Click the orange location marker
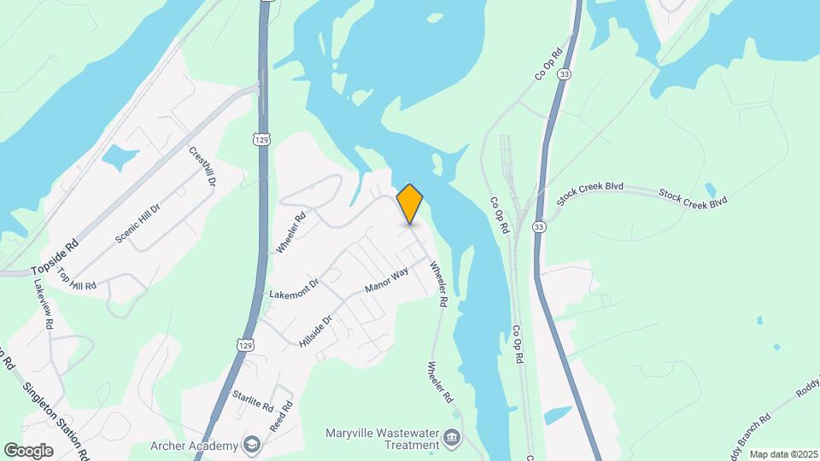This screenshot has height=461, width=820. pyautogui.click(x=410, y=203)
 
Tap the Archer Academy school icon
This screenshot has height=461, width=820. pyautogui.click(x=252, y=444)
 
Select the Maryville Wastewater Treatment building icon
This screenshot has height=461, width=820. pyautogui.click(x=452, y=441)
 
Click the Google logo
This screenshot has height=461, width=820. pyautogui.click(x=29, y=450)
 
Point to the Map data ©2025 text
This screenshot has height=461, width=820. pyautogui.click(x=783, y=453)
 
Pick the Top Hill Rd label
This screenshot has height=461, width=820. pyautogui.click(x=77, y=279)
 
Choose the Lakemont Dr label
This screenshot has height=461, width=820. pyautogui.click(x=294, y=287)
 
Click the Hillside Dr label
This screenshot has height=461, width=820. pyautogui.click(x=315, y=327)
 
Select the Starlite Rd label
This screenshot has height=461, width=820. pyautogui.click(x=252, y=399)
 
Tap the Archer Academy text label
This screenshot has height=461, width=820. pyautogui.click(x=195, y=445)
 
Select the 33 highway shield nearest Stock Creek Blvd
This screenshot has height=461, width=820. pyautogui.click(x=539, y=227)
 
